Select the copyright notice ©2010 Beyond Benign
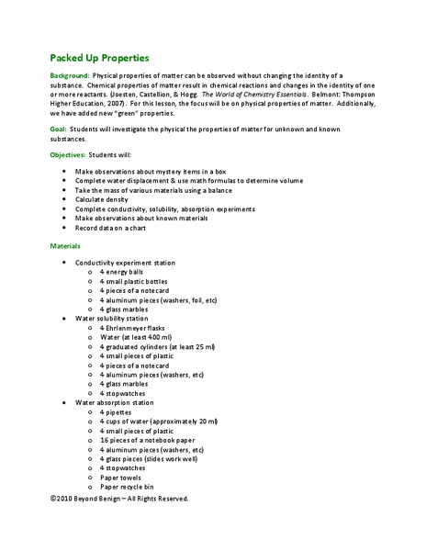[119, 498]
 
